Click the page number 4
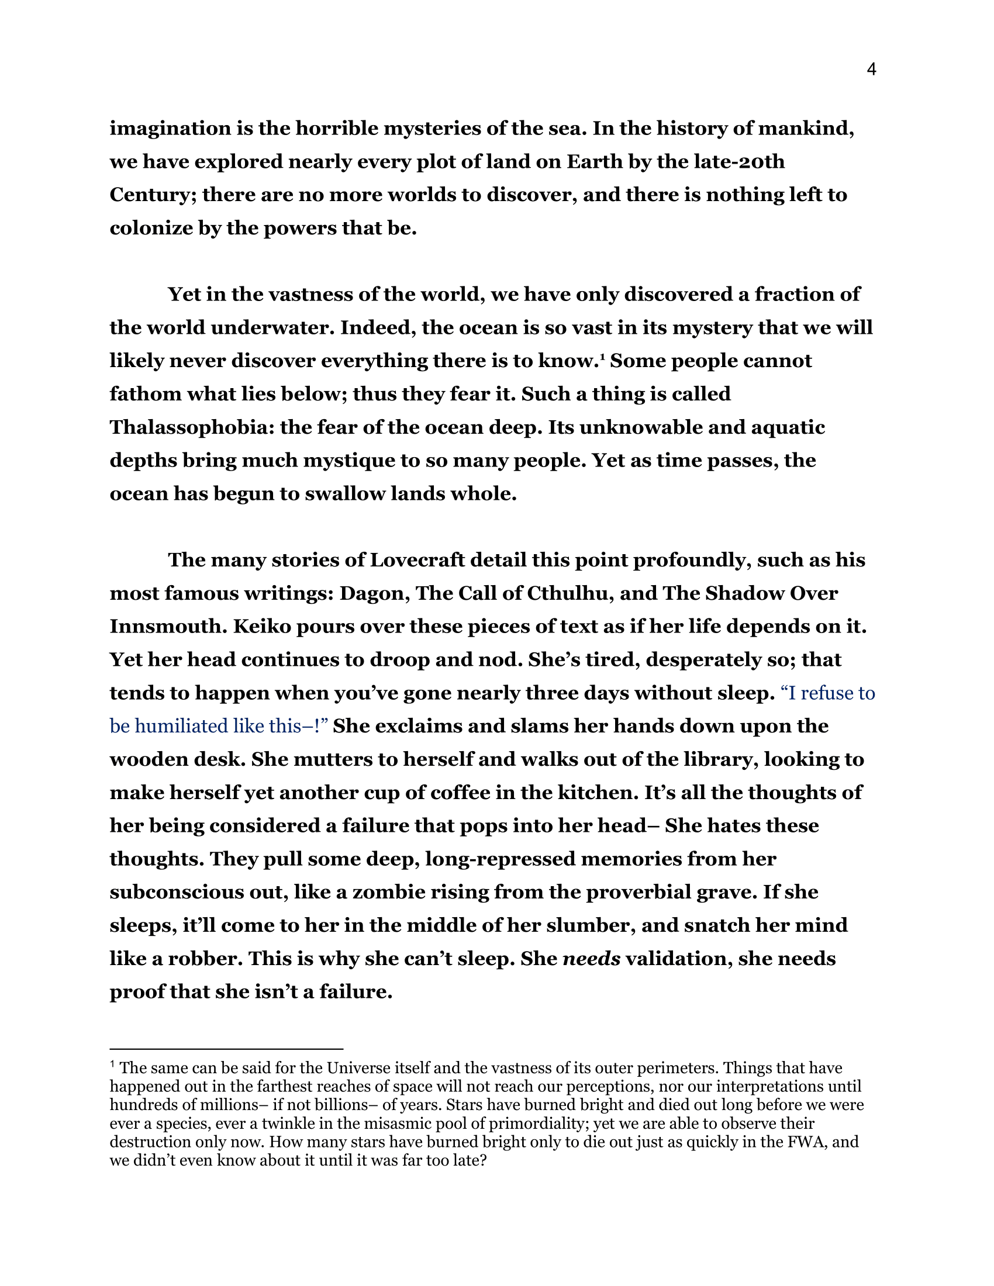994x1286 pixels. coord(872,70)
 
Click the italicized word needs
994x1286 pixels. coord(592,959)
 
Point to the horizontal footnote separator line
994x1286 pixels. coord(226,1049)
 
